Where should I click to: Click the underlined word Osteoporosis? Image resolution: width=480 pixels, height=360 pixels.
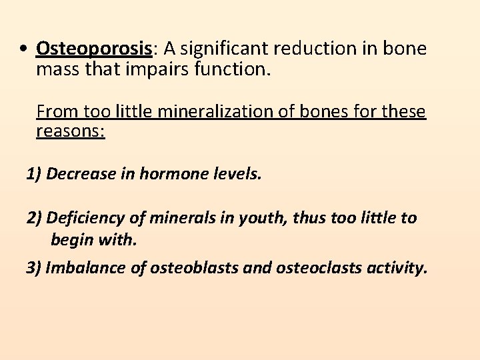pos(95,49)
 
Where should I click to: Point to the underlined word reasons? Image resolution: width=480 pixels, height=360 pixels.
pos(70,130)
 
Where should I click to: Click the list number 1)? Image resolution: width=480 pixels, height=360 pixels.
pos(34,175)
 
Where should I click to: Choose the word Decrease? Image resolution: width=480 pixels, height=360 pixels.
pos(80,175)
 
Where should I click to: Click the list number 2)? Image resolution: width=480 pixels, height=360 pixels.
pos(35,218)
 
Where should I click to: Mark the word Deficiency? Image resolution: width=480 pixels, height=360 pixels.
pos(86,218)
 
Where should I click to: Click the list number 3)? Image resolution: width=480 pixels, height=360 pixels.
pos(35,268)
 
